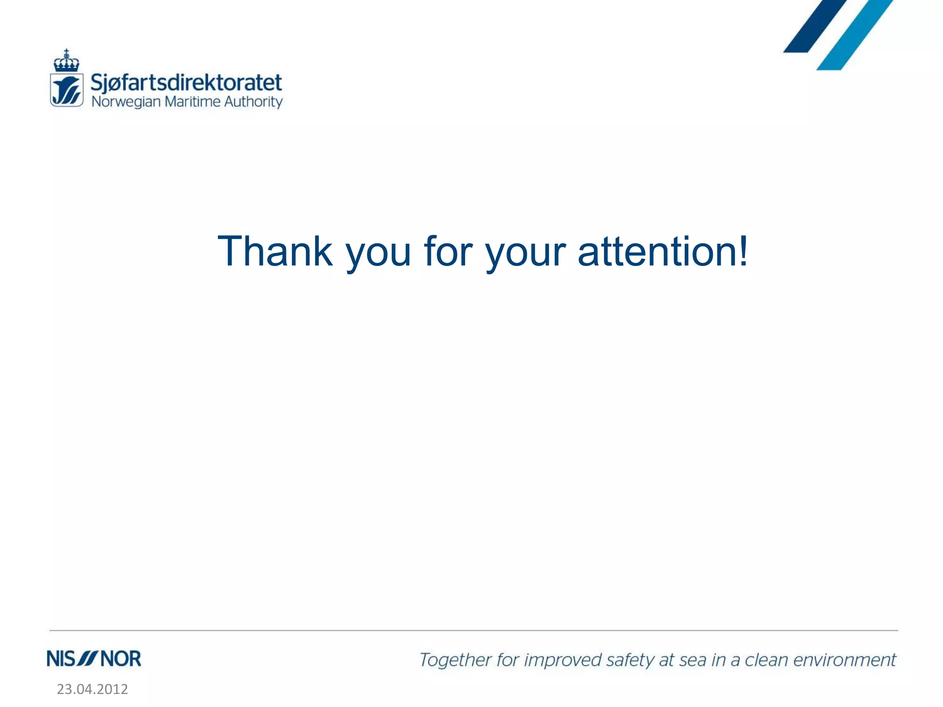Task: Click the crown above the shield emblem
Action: click(66, 61)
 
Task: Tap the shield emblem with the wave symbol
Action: click(67, 90)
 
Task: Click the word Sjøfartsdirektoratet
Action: click(186, 83)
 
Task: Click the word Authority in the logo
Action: click(253, 102)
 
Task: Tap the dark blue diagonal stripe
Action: click(815, 25)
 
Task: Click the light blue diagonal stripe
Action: click(855, 35)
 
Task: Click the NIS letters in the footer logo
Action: click(61, 659)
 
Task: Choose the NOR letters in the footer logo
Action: click(121, 659)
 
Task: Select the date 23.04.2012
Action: click(92, 689)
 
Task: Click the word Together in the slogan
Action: click(455, 660)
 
